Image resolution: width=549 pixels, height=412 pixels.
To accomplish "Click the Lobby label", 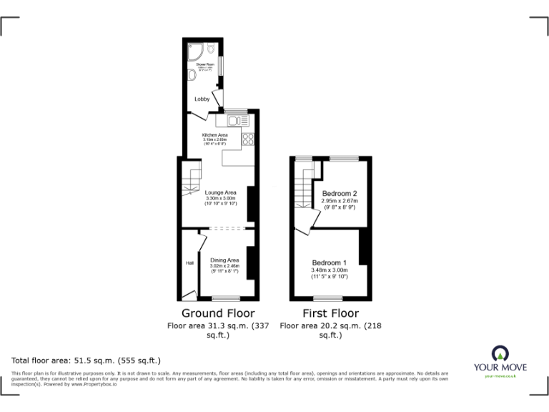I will pos(202,99).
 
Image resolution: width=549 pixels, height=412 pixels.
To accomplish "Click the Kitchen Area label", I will pos(215,134).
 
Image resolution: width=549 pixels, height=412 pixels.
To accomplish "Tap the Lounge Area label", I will pos(221,192).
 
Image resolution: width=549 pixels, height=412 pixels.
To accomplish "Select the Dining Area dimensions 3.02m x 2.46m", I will pos(225,265).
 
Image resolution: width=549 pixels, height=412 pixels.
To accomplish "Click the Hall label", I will pos(189,263).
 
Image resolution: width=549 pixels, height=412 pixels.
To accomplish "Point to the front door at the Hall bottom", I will pos(189,294).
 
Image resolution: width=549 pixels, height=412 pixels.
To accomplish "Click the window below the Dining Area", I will pos(226,297).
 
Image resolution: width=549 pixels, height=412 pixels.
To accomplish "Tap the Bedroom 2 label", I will pos(339,194).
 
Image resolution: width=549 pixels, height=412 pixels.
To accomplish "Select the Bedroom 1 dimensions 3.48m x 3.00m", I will pos(329,269).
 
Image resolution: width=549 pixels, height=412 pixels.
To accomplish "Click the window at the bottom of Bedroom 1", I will pos(327,297).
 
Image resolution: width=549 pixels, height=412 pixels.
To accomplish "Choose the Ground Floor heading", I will pos(217,313).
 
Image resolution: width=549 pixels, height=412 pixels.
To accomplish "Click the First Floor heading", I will pos(330,313).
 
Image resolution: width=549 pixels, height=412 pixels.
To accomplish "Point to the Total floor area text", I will pos(86,360).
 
